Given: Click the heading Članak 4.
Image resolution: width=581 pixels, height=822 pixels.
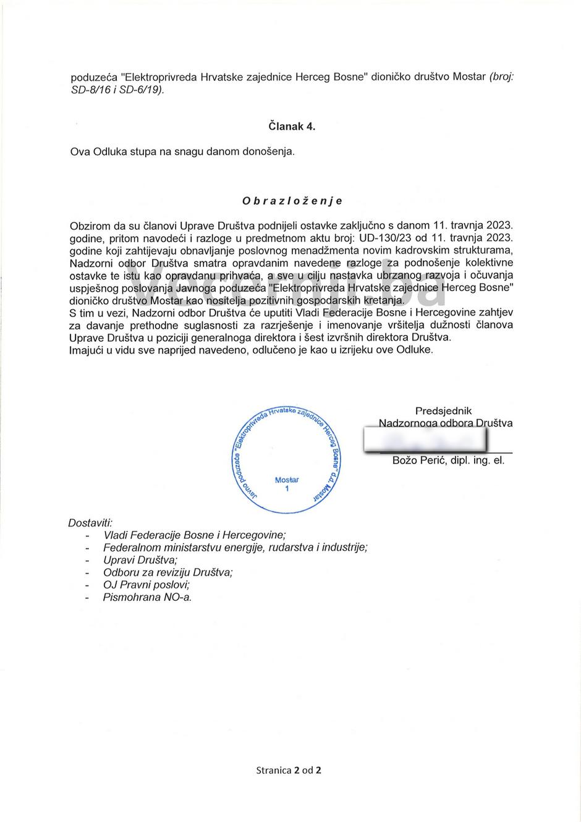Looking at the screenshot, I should point(292,126).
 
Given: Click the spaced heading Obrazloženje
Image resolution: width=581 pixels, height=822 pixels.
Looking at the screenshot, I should point(292,201).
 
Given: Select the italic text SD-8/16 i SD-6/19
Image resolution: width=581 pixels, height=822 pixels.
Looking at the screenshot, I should point(117,90).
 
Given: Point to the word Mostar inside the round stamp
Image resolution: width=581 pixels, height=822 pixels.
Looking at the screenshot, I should point(286,480).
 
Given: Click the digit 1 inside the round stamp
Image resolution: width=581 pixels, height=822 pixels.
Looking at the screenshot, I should point(286,489).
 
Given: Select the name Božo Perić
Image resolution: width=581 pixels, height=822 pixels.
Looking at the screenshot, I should point(416,460).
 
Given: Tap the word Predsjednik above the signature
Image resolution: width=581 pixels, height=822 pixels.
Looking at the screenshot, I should point(443,410).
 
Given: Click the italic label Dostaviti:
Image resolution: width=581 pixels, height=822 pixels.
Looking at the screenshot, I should point(90,522).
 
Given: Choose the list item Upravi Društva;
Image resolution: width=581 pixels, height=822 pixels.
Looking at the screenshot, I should point(140,560).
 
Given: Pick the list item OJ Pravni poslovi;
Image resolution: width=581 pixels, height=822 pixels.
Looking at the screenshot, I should point(146,585).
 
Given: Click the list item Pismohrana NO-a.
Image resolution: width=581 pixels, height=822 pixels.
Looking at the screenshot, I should point(148,597).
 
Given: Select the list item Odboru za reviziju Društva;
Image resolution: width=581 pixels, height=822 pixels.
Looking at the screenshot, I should point(168,572).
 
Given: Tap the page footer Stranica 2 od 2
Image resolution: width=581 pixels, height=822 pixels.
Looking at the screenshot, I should point(289,770).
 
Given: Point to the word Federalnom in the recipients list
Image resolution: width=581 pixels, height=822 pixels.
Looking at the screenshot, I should point(128,548).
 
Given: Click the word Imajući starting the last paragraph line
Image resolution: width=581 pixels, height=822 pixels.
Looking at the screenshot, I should point(90,350).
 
